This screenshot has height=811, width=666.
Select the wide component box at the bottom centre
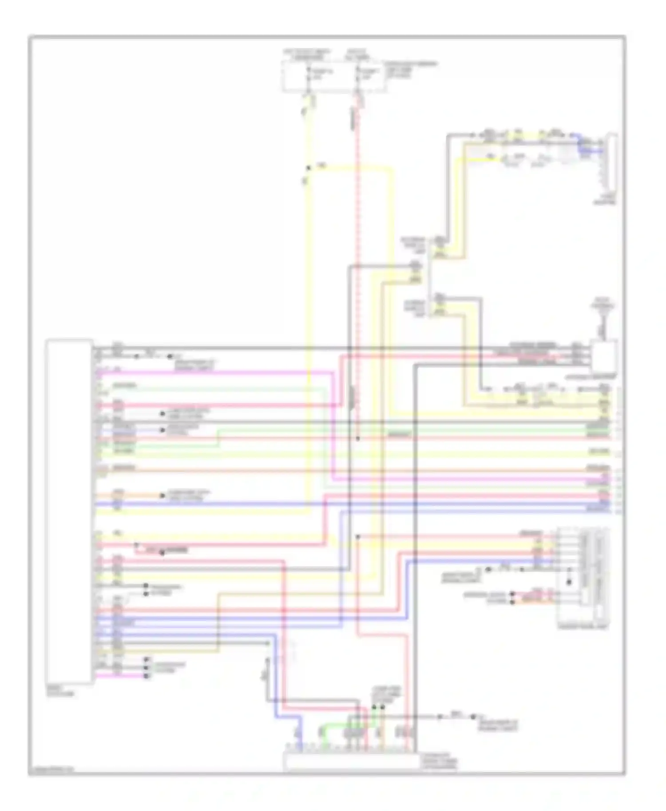coord(350,761)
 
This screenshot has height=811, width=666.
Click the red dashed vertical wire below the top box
coord(358,266)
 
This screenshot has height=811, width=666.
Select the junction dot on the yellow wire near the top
coord(308,168)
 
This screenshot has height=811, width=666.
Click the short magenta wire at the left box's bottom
coord(120,676)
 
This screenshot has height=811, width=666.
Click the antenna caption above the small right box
coord(603,306)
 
